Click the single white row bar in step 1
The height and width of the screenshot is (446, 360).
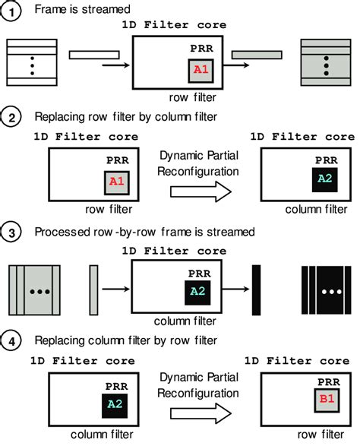89,54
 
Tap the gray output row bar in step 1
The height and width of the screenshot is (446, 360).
254,54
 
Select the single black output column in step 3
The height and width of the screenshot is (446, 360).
256,289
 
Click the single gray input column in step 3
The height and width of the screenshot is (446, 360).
93,289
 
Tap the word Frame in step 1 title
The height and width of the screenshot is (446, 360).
50,11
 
